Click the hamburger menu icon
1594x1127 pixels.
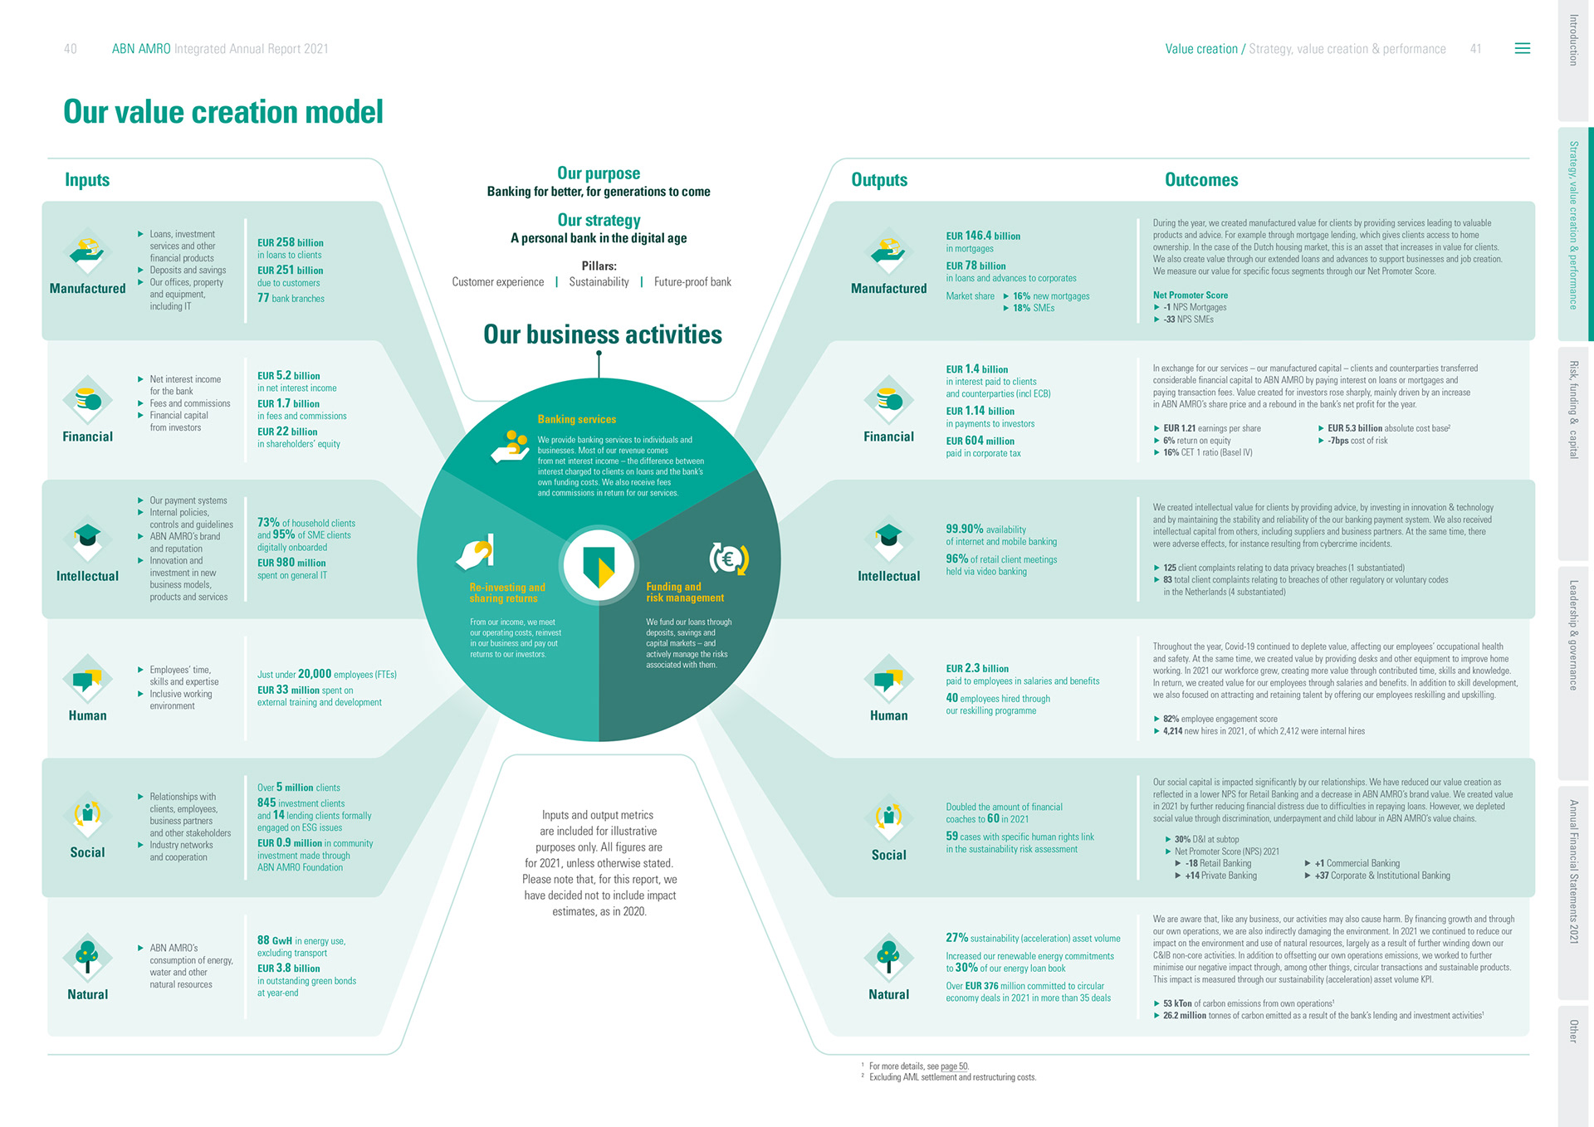pyautogui.click(x=1522, y=49)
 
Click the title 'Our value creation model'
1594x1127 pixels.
pyautogui.click(x=223, y=112)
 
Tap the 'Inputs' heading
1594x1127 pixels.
pyautogui.click(x=87, y=180)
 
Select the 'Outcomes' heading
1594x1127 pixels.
pyautogui.click(x=1200, y=180)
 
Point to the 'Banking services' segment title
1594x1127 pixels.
pyautogui.click(x=576, y=420)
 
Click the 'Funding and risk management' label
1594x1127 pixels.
pyautogui.click(x=685, y=592)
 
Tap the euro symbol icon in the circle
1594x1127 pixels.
pyautogui.click(x=728, y=559)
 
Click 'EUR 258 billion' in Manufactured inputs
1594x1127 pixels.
pyautogui.click(x=290, y=242)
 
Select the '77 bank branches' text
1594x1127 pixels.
pyautogui.click(x=291, y=298)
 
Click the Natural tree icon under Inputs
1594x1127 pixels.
pyautogui.click(x=87, y=955)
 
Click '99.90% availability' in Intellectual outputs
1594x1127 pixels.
pyautogui.click(x=985, y=529)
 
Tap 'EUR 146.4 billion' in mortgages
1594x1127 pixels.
pyautogui.click(x=983, y=236)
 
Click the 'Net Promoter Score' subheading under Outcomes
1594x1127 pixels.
pyautogui.click(x=1190, y=295)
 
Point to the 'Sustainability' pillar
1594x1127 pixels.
pyautogui.click(x=599, y=282)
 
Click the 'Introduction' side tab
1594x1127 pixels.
pyautogui.click(x=1573, y=40)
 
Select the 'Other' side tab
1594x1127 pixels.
pyautogui.click(x=1573, y=1031)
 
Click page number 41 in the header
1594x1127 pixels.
pyautogui.click(x=1475, y=49)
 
